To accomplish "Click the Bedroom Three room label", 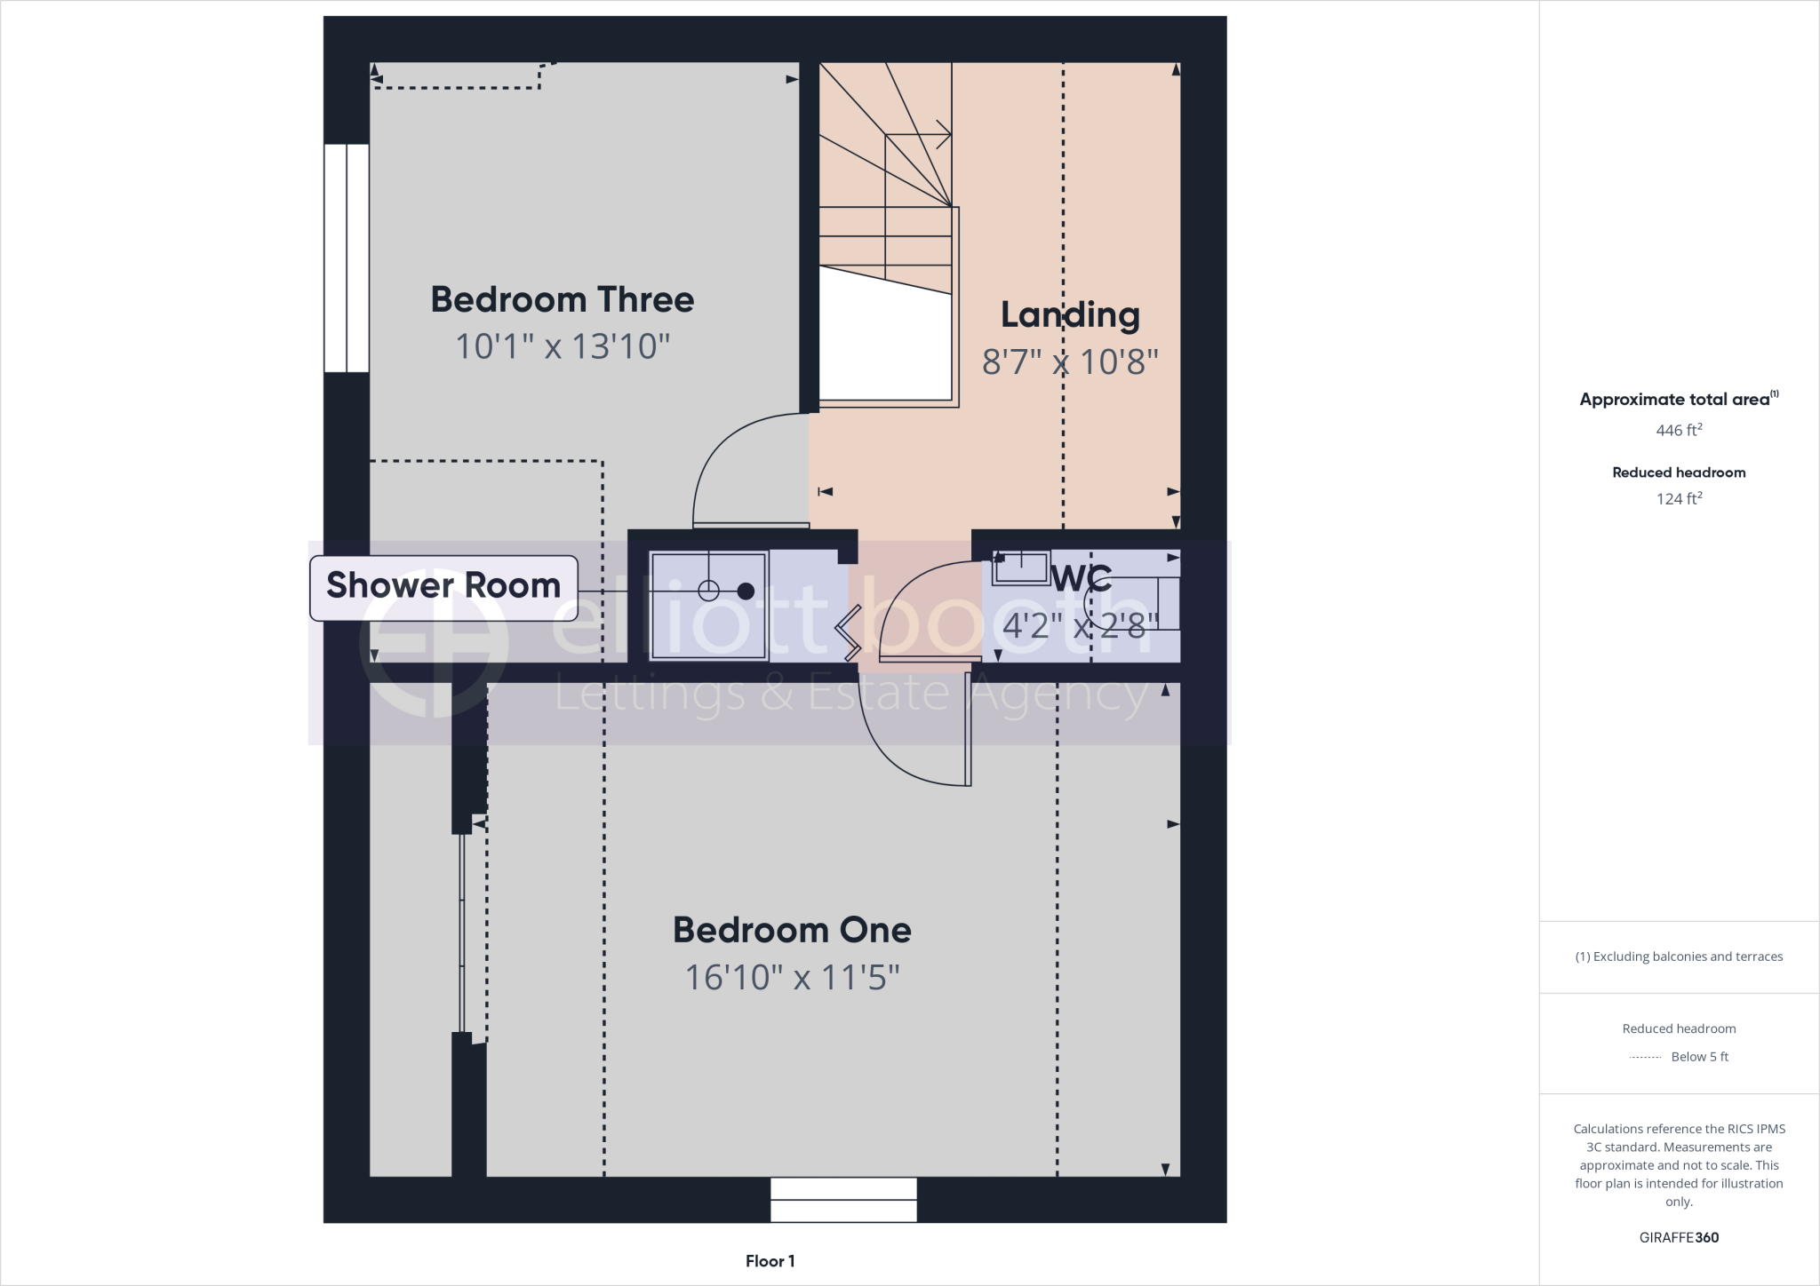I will (x=562, y=299).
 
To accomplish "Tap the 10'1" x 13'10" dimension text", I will (x=562, y=346).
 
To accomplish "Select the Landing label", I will (x=1070, y=314).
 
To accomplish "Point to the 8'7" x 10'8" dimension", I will (x=1070, y=361).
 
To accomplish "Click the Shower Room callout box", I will (x=443, y=586).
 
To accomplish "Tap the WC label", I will (x=1081, y=578).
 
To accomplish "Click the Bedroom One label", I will (x=792, y=930).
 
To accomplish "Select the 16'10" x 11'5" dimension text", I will (x=792, y=978).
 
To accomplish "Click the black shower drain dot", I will (x=746, y=591).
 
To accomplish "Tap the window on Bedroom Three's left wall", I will (x=347, y=258).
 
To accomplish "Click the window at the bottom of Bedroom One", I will (x=843, y=1200).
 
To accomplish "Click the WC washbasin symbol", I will (x=1021, y=568).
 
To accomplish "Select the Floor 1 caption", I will (x=770, y=1261).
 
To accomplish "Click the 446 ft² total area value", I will (x=1679, y=431).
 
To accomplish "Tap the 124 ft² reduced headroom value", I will (x=1679, y=499).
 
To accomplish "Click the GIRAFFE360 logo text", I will (x=1679, y=1237).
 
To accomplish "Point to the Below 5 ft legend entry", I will (x=1698, y=1057).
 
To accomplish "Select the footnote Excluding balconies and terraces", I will (x=1679, y=957).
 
